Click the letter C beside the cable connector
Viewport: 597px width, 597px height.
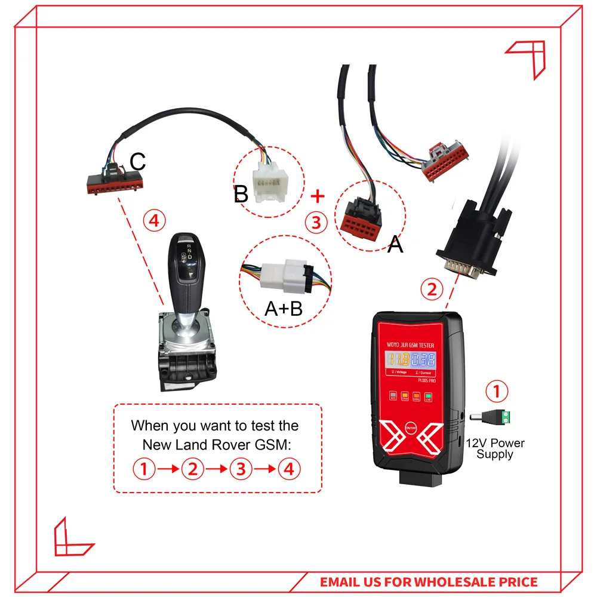pos(138,161)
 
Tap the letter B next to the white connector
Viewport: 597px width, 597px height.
pos(241,194)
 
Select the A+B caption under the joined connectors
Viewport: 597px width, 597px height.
pos(284,307)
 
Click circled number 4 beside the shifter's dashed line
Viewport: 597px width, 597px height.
pos(154,221)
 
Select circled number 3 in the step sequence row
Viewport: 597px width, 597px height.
pos(241,469)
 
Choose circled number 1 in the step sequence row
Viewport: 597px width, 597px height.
pos(143,469)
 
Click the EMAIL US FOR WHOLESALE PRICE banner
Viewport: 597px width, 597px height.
pos(429,581)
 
